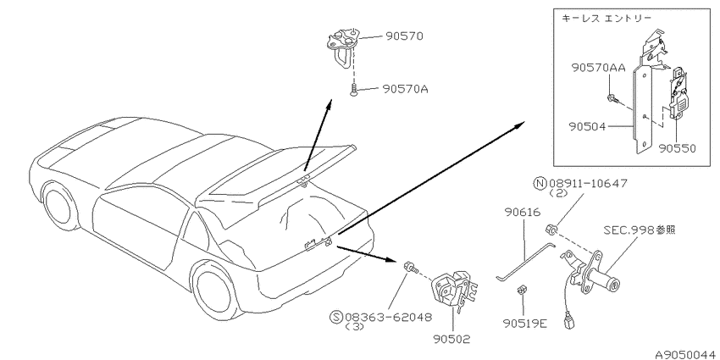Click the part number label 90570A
pyautogui.click(x=405, y=89)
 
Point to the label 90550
pyautogui.click(x=677, y=148)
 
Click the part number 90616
pyautogui.click(x=523, y=212)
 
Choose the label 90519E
pyautogui.click(x=524, y=324)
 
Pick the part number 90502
pyautogui.click(x=451, y=339)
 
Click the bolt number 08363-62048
pyautogui.click(x=388, y=317)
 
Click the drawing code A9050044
pyautogui.click(x=686, y=355)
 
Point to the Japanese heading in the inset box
pyautogui.click(x=606, y=19)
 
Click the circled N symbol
pyautogui.click(x=539, y=184)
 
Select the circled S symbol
pyautogui.click(x=336, y=317)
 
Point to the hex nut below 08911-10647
pyautogui.click(x=550, y=228)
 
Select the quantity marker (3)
pyautogui.click(x=353, y=327)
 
